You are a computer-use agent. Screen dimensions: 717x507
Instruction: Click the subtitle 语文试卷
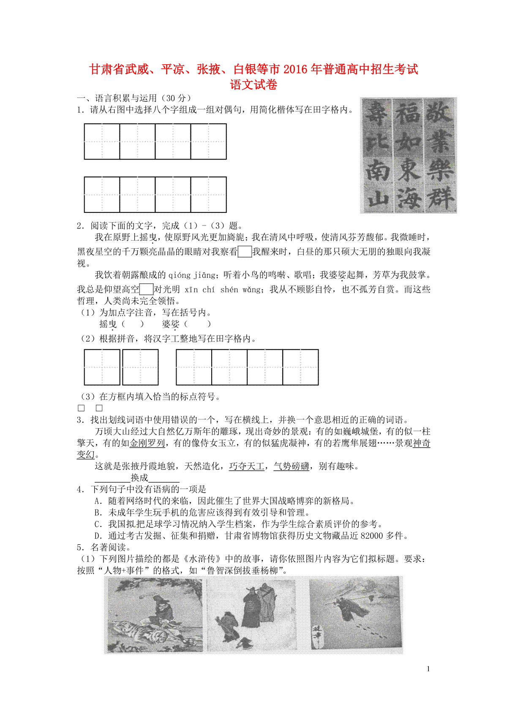tap(253, 85)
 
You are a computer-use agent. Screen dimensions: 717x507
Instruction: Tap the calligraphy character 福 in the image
tap(408, 113)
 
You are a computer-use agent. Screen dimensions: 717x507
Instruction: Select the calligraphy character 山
tap(377, 198)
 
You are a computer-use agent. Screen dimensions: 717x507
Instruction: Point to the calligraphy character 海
tap(408, 198)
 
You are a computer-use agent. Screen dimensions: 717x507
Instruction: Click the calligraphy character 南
tap(377, 170)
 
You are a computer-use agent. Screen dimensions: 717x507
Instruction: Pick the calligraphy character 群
tap(440, 198)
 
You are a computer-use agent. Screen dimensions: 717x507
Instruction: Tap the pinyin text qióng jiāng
tap(192, 275)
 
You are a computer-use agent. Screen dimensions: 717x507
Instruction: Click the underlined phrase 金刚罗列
tap(147, 443)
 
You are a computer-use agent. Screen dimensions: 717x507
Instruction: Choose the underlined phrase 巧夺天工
tap(246, 466)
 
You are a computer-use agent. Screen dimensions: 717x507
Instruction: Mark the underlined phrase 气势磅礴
tap(291, 466)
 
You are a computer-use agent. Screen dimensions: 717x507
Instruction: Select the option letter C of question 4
tap(98, 524)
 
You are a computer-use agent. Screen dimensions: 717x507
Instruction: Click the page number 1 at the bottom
tap(428, 669)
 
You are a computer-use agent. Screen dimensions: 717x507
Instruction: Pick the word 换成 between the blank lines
tap(139, 478)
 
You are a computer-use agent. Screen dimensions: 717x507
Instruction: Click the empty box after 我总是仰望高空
tap(146, 289)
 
